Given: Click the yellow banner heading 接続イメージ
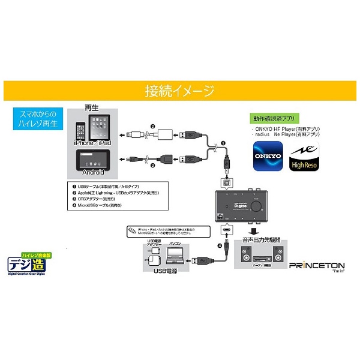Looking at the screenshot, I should (x=179, y=91).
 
